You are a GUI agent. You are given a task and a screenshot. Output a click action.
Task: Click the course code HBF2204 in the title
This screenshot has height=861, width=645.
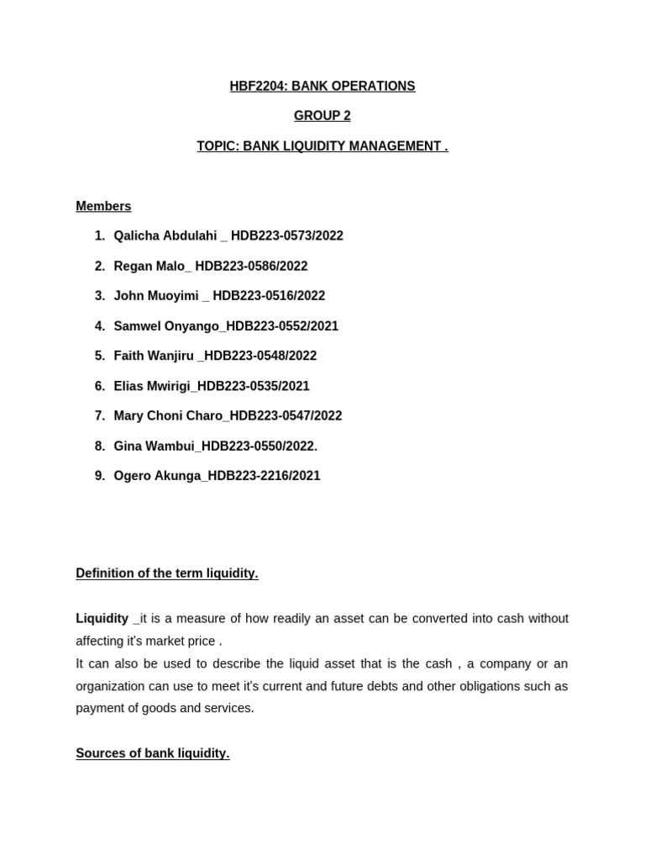pos(258,87)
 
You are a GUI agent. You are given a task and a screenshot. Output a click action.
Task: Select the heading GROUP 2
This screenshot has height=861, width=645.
pos(322,116)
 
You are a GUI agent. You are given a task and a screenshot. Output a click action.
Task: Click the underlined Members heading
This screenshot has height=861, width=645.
pos(103,206)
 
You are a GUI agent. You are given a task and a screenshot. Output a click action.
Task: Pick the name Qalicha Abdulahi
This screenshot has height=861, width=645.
pos(165,236)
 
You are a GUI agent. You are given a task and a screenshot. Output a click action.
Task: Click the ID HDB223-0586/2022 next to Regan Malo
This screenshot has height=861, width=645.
pos(251,267)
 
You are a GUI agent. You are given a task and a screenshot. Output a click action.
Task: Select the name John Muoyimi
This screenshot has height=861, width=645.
pos(156,296)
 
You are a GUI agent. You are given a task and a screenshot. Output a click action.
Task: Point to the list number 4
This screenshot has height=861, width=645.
pos(100,326)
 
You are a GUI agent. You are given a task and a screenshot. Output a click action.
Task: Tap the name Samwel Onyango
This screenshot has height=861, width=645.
pos(167,326)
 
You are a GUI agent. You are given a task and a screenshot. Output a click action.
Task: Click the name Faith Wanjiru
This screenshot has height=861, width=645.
pos(154,356)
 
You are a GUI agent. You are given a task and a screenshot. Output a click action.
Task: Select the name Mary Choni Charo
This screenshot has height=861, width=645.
pos(168,416)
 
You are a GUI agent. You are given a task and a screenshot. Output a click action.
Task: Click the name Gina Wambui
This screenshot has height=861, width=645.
pos(155,446)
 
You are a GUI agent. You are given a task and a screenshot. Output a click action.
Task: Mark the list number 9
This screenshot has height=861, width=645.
pos(100,476)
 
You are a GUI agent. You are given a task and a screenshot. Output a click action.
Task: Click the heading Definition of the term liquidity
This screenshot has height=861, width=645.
pos(167,573)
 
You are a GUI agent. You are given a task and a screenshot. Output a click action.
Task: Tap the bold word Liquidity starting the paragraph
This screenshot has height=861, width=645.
pos(102,619)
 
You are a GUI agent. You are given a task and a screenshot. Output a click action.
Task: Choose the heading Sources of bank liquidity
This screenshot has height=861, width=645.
pos(153,753)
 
